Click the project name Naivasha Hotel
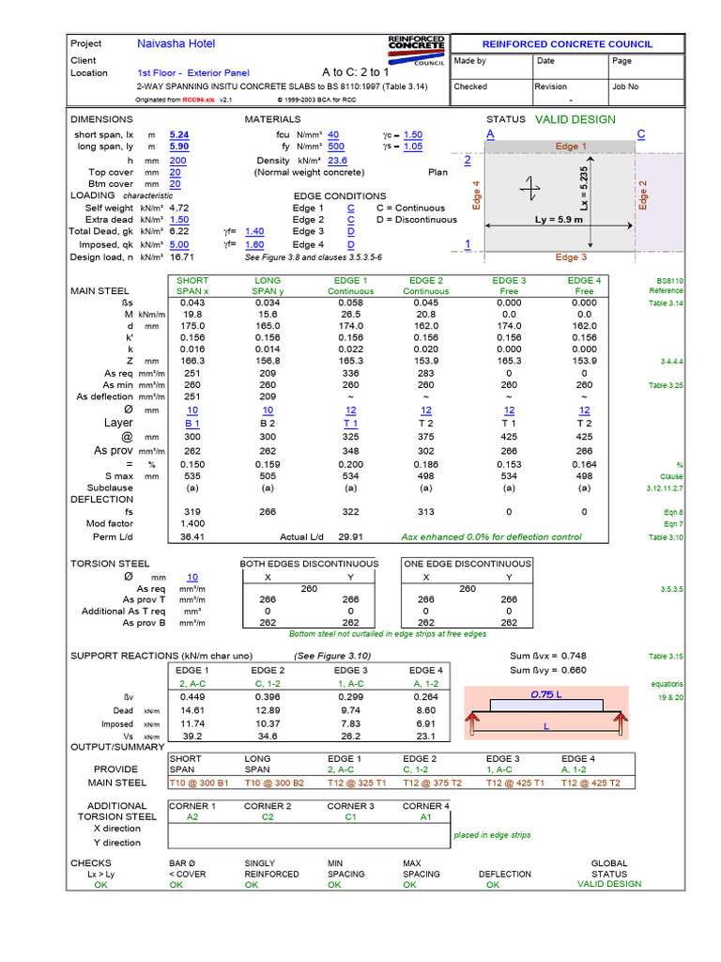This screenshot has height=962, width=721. point(176,44)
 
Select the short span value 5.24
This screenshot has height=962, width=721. point(178,135)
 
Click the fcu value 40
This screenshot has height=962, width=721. point(333,135)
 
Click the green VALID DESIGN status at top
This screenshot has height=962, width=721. point(575,119)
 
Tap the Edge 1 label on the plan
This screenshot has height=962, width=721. point(571,147)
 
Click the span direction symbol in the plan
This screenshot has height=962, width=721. point(532,189)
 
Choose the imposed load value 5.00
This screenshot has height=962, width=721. point(179,244)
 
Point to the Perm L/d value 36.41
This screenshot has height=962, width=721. point(192,536)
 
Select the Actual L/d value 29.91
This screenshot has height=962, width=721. point(350,536)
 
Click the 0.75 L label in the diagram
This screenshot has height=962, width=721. point(545,695)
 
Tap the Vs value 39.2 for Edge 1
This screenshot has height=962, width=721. point(193,737)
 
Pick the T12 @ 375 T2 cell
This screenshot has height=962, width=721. point(431,783)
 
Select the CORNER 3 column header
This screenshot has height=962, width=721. point(351,806)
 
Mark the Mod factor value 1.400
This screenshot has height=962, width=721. point(192,523)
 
